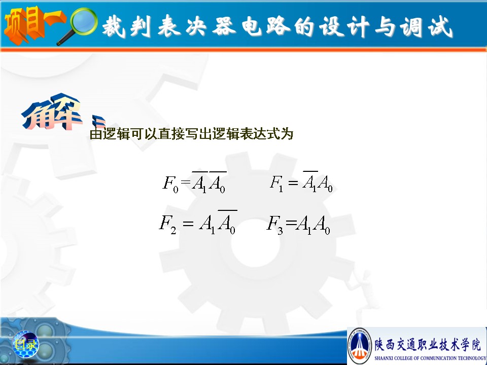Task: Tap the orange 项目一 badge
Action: [33, 25]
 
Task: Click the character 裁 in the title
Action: [114, 26]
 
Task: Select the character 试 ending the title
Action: [440, 27]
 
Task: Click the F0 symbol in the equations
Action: [170, 184]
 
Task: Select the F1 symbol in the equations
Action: [276, 183]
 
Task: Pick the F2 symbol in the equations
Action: [168, 224]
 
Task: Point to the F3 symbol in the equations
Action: [275, 224]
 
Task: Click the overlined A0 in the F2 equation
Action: [227, 222]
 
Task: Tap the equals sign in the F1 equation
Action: [293, 183]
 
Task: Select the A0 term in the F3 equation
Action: [322, 225]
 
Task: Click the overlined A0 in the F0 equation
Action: [218, 182]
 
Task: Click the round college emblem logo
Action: [360, 346]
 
